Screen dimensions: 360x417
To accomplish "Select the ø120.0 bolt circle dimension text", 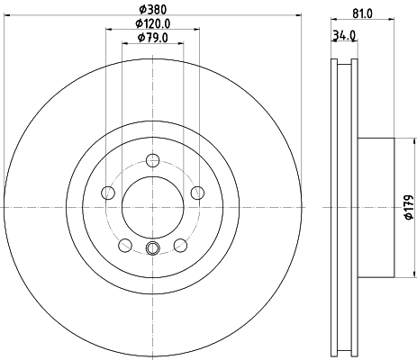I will click(152, 22).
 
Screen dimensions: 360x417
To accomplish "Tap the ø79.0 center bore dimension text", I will click(152, 38).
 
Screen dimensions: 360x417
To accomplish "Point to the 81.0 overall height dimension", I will click(362, 14).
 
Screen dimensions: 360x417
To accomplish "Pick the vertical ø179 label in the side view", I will click(406, 209).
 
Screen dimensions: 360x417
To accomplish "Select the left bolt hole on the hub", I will click(108, 193).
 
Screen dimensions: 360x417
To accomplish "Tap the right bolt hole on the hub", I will click(195, 191).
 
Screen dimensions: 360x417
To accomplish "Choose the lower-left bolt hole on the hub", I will click(125, 244).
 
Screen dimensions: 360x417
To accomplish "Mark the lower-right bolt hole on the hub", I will click(179, 244).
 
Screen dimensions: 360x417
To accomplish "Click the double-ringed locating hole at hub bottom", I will click(152, 249).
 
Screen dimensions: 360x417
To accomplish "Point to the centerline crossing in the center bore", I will click(152, 209).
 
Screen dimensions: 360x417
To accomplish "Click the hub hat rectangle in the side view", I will click(376, 209).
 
